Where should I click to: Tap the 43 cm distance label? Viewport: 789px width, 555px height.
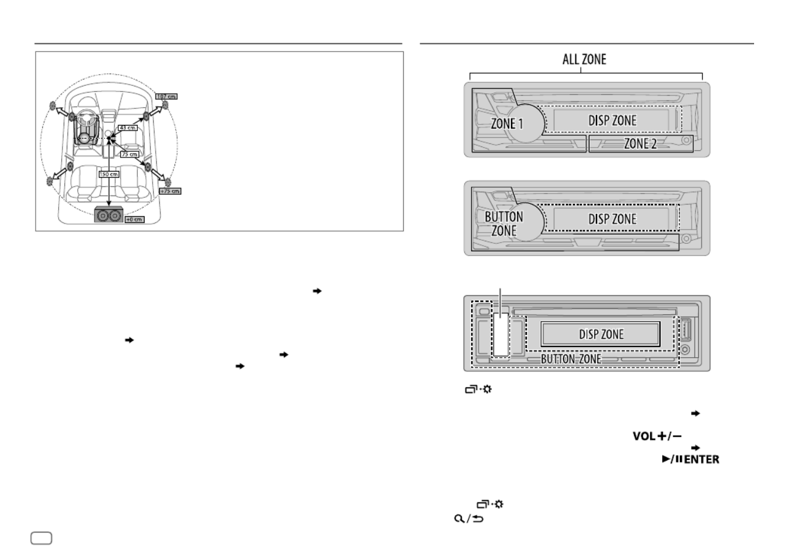tap(127, 127)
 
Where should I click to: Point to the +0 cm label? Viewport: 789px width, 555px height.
tap(134, 219)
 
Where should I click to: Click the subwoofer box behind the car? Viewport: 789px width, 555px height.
tap(108, 216)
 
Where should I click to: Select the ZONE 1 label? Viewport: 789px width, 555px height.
tap(507, 123)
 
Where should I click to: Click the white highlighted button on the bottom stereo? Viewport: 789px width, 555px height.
tap(502, 334)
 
